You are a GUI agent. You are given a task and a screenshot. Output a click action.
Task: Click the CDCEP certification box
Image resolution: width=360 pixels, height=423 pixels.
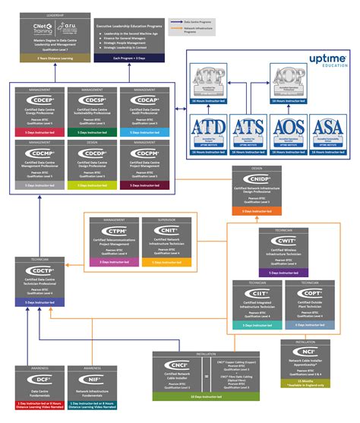coord(39,110)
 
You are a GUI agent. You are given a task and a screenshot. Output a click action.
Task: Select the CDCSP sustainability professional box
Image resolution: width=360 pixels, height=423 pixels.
coord(92,110)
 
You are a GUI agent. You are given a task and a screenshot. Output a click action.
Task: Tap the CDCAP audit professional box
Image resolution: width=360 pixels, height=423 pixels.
coord(144,110)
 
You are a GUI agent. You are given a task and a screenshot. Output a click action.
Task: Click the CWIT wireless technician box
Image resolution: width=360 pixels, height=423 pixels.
coord(283,251)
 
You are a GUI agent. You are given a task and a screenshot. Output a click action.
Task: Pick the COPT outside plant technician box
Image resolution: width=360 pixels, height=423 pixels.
coord(309,304)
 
